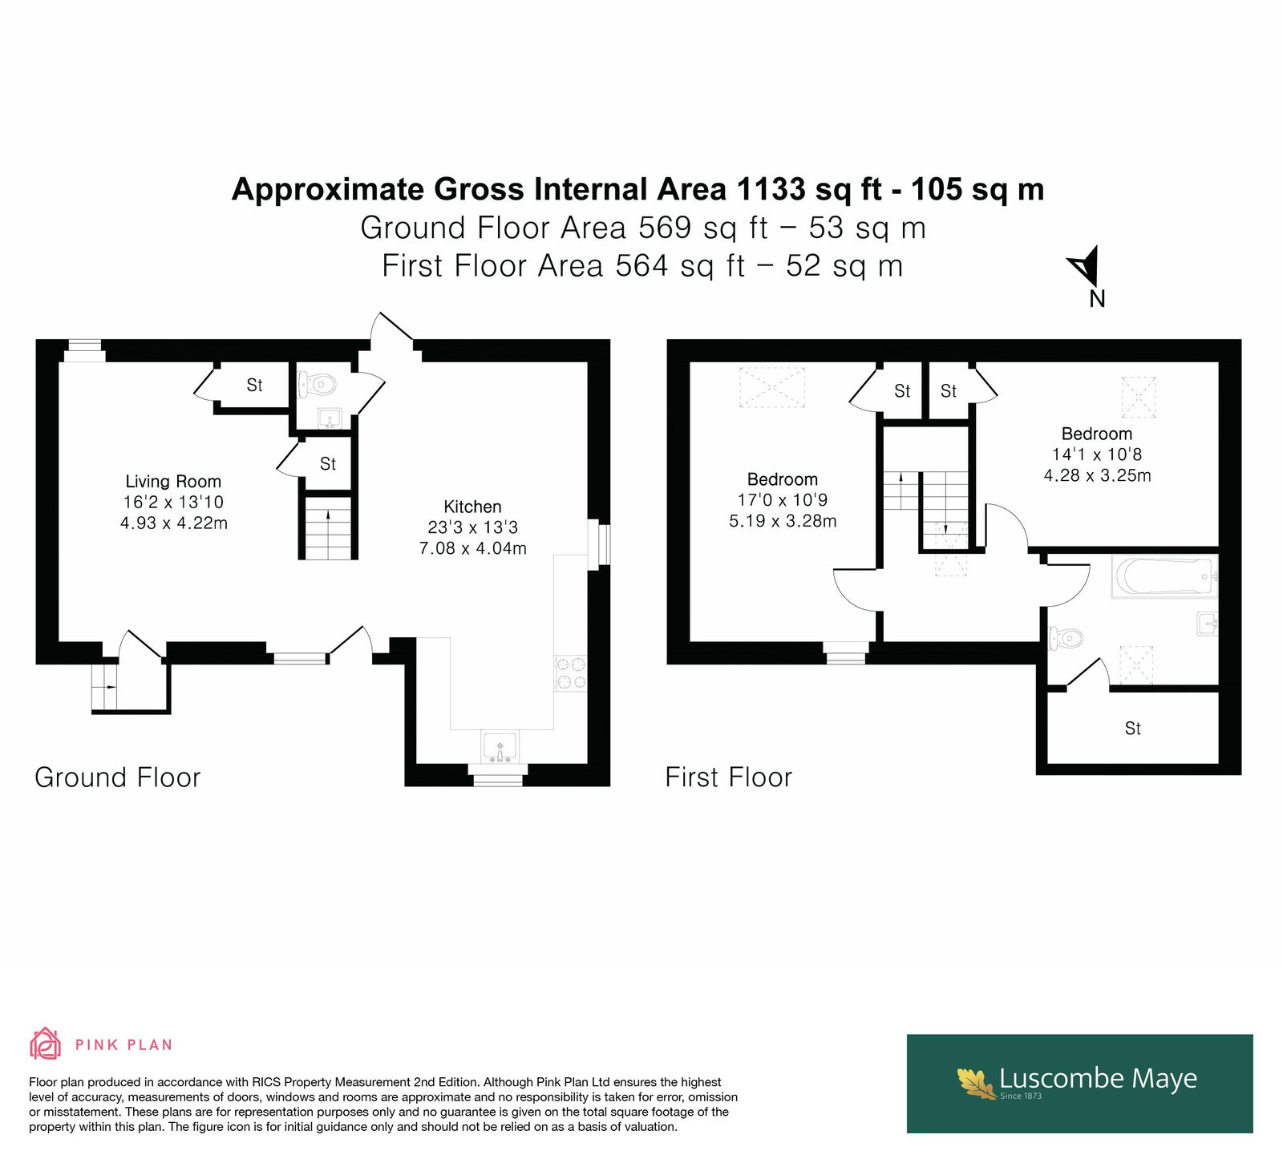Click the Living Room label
(x=173, y=481)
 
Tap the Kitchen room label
(x=472, y=507)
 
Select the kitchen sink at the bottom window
(x=500, y=748)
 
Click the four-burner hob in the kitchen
(x=571, y=673)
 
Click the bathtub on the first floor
(x=1164, y=575)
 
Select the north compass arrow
(x=1083, y=267)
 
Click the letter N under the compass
(x=1097, y=299)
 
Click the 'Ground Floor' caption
(x=118, y=777)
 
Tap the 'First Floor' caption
(x=729, y=777)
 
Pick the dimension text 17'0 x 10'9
(x=783, y=500)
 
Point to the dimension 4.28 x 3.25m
(x=1097, y=475)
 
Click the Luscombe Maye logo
(x=1079, y=1083)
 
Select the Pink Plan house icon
(x=46, y=1044)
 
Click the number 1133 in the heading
(x=771, y=190)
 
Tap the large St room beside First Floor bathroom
(x=1133, y=728)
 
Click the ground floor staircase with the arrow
(x=329, y=527)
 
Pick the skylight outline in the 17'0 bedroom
(x=771, y=388)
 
